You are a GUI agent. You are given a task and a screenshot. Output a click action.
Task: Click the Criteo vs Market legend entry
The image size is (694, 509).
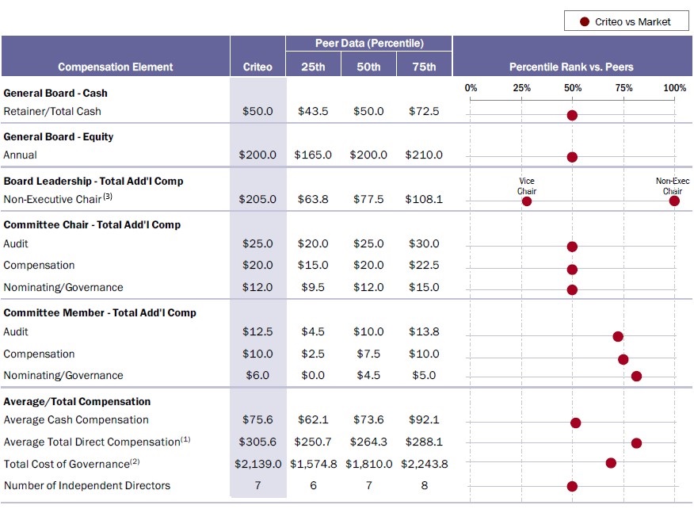(626, 21)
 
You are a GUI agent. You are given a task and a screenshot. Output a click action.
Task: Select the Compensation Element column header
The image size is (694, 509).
(116, 67)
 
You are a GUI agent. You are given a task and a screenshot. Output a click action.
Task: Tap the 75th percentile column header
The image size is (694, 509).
(424, 67)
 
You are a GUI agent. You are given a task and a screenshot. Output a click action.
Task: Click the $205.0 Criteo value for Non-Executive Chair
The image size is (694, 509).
(257, 200)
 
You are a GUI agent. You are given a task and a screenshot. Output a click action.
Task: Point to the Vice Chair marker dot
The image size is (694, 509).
(527, 201)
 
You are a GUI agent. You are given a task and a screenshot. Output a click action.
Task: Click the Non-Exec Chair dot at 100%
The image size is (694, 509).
(674, 201)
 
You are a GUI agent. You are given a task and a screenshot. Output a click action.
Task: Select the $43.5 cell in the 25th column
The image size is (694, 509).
(313, 112)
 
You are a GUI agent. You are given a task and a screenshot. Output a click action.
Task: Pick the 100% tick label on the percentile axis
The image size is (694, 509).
(674, 88)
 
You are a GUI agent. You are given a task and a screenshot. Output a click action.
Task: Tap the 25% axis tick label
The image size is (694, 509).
(521, 88)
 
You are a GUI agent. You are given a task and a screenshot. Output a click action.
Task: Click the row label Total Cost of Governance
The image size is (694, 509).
(66, 464)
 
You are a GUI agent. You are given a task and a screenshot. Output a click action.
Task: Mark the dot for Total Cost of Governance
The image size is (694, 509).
(611, 462)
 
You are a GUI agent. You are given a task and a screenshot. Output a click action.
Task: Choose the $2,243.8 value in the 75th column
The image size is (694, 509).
(424, 464)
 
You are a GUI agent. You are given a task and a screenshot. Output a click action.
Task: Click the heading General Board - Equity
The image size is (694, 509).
(59, 136)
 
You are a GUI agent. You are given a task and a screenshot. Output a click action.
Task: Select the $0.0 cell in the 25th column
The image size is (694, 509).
(313, 376)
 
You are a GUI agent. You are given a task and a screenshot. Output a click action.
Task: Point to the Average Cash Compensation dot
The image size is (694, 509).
(576, 423)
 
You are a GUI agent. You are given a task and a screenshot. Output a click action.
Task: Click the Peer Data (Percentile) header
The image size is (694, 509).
(368, 43)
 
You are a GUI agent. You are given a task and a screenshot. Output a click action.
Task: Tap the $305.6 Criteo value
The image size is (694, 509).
(257, 442)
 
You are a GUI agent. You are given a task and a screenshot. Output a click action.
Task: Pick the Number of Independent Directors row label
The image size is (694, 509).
(87, 485)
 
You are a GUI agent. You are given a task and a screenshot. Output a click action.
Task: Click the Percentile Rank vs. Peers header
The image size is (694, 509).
(571, 67)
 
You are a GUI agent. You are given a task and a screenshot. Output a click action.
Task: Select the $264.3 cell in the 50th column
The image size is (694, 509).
(368, 442)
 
